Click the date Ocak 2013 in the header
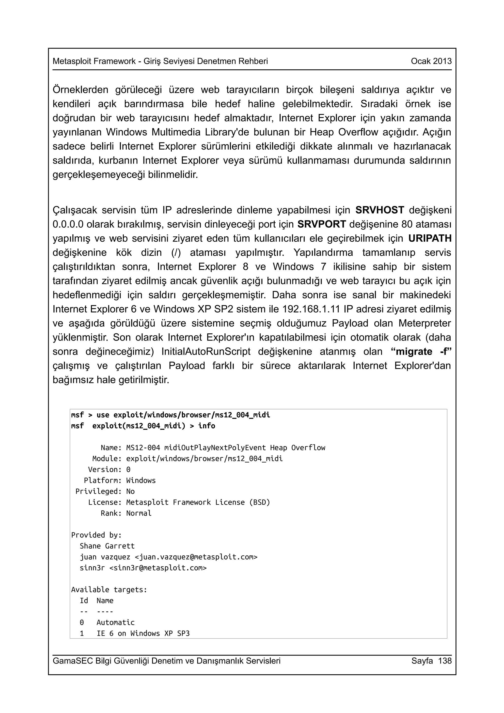pos(431,61)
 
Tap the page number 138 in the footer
pos(445,661)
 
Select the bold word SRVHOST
pos(379,210)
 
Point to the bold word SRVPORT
pos(321,224)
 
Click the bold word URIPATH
pos(430,238)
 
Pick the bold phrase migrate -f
pos(421,352)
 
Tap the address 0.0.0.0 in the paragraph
pos(68,224)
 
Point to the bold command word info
pos(206,426)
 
